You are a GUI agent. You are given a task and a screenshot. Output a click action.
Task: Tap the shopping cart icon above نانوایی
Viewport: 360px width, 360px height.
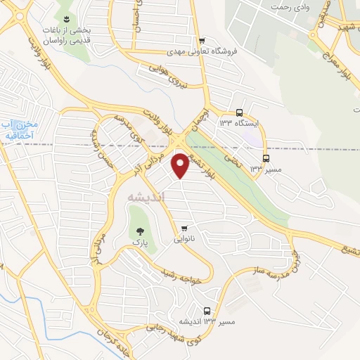(x=184, y=228)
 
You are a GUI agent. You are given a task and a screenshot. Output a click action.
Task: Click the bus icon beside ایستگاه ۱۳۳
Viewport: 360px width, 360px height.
(x=240, y=112)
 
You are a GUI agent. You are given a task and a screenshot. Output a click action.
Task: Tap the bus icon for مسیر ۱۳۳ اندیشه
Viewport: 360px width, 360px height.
(x=207, y=310)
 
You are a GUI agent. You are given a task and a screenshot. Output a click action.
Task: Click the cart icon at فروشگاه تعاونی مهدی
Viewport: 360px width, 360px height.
(x=202, y=40)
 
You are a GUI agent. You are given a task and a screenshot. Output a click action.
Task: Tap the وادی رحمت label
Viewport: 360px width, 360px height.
(x=291, y=5)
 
